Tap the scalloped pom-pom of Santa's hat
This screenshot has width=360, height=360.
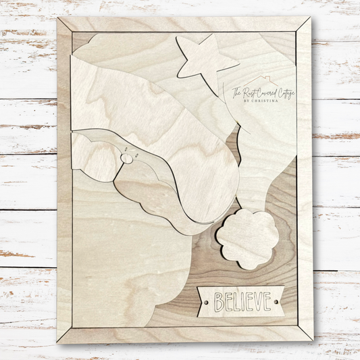click(x=248, y=238)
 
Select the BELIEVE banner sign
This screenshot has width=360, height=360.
click(x=242, y=301)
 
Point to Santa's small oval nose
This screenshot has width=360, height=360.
click(x=126, y=158)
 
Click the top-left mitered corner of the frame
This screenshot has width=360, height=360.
click(x=65, y=25)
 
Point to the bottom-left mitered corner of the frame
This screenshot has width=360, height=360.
click(x=65, y=335)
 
